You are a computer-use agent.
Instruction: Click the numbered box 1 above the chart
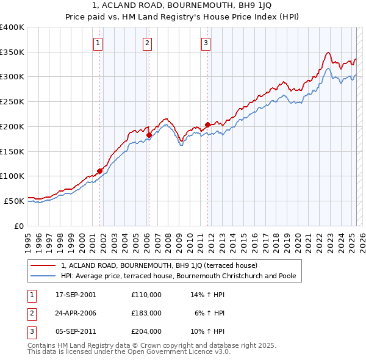(x=98, y=43)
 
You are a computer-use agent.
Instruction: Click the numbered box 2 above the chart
(x=148, y=43)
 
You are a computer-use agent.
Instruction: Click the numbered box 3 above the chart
(x=206, y=43)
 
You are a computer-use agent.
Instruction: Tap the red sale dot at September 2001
(x=100, y=171)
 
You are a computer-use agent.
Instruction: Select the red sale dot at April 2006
(x=149, y=135)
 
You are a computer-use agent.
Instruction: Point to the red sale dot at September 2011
(x=207, y=124)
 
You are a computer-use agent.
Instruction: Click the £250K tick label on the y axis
(x=12, y=102)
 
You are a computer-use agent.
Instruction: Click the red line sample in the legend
(x=43, y=265)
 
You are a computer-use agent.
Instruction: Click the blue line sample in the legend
(x=43, y=276)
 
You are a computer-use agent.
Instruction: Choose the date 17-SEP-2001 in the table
(x=76, y=295)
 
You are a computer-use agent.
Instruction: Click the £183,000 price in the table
(x=146, y=313)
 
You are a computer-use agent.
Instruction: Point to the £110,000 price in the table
(x=146, y=295)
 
